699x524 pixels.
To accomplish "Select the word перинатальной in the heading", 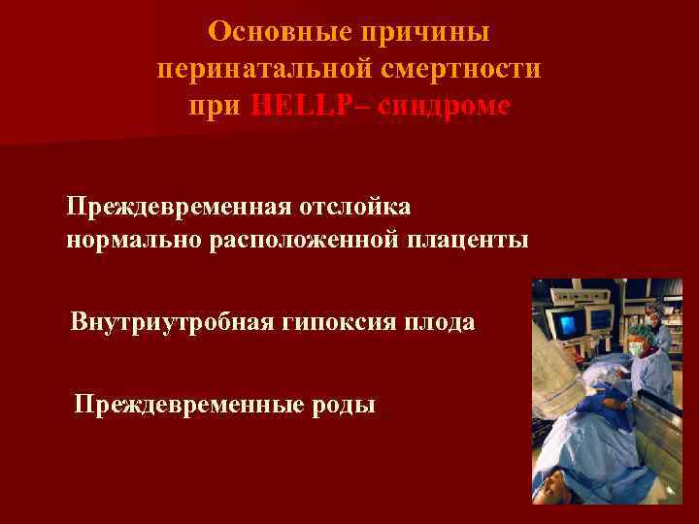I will pyautogui.click(x=250, y=70).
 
